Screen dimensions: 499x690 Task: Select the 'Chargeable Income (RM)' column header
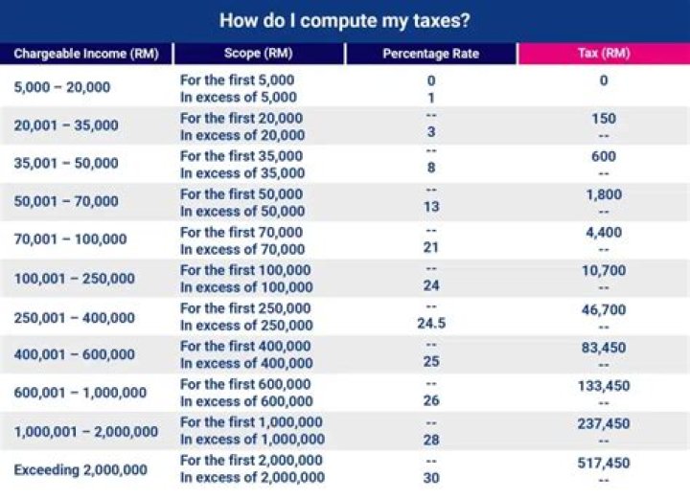pyautogui.click(x=85, y=54)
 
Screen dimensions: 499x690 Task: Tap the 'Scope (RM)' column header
pyautogui.click(x=258, y=54)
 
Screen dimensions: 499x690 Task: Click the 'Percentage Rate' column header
pyautogui.click(x=430, y=54)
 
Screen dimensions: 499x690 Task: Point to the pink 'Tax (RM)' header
pyautogui.click(x=604, y=54)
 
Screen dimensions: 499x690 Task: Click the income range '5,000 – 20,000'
pyautogui.click(x=62, y=87)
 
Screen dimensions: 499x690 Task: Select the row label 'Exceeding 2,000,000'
pyautogui.click(x=80, y=469)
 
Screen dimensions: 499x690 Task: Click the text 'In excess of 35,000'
pyautogui.click(x=242, y=173)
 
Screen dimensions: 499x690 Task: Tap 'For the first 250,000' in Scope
pyautogui.click(x=245, y=308)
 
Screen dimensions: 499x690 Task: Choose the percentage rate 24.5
pyautogui.click(x=431, y=324)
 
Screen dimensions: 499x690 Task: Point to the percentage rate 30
pyautogui.click(x=431, y=477)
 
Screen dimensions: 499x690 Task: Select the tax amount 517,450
pyautogui.click(x=604, y=463)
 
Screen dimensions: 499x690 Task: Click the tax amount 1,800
pyautogui.click(x=604, y=194)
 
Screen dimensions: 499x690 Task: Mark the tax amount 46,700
pyautogui.click(x=604, y=309)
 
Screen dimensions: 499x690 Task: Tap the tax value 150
pyautogui.click(x=604, y=119)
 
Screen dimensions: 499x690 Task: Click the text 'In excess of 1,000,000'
pyautogui.click(x=252, y=439)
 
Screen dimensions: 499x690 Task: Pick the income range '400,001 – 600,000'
pyautogui.click(x=76, y=354)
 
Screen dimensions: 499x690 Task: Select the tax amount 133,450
pyautogui.click(x=604, y=386)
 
